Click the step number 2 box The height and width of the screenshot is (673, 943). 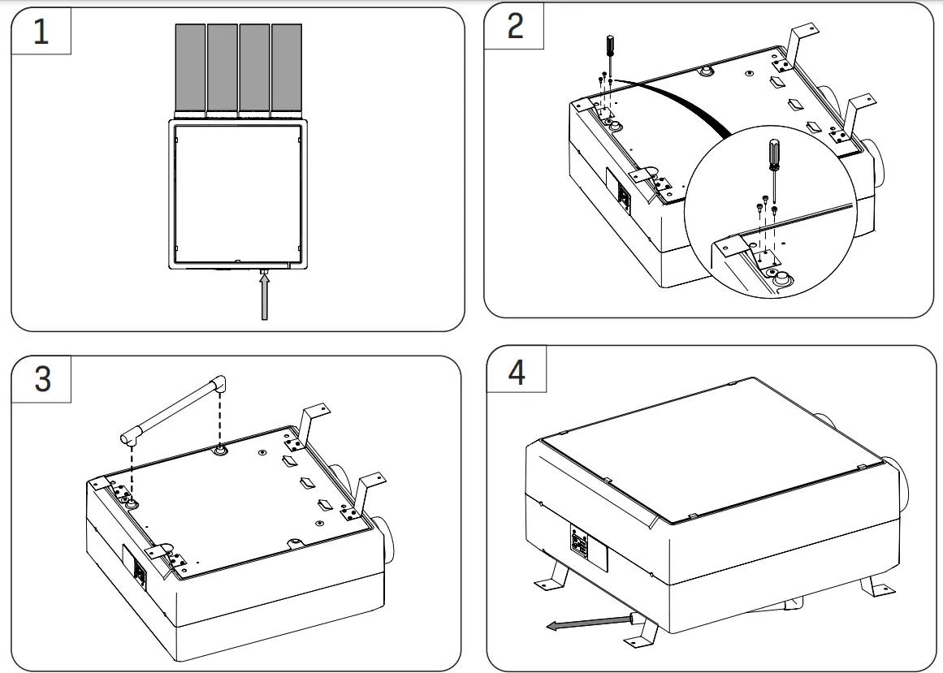coord(515,27)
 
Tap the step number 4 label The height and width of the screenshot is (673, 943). coord(517,373)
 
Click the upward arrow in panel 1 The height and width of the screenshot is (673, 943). coord(264,296)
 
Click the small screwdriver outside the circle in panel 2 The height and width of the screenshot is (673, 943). coord(606,54)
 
